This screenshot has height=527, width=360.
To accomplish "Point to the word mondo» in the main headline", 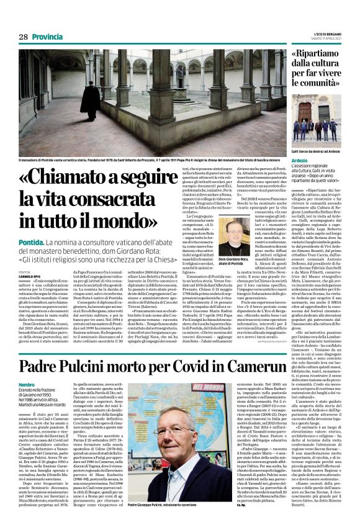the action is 142,219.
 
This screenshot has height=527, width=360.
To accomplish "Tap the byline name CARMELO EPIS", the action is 29,276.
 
